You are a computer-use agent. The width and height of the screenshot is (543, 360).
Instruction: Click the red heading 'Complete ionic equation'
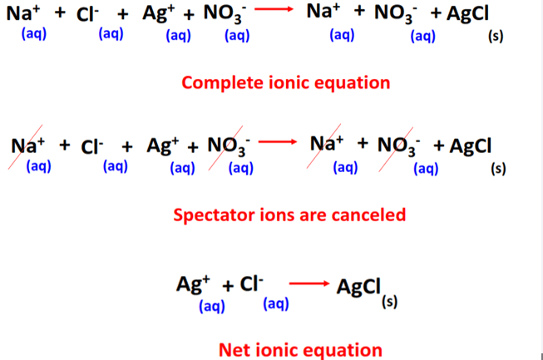285,83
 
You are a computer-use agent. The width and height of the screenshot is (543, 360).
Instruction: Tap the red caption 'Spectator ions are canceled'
289,215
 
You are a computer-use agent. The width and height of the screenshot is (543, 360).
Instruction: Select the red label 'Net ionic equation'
300,350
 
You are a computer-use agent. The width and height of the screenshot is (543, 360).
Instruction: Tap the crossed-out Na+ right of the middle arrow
328,146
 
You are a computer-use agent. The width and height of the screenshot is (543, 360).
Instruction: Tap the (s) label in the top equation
497,36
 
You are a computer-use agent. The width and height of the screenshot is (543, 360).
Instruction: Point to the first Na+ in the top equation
27,14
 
